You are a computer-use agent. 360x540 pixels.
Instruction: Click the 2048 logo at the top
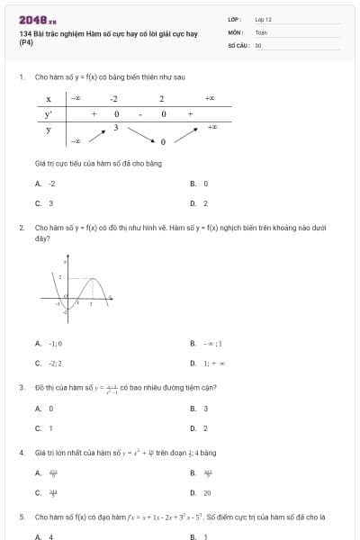(37, 20)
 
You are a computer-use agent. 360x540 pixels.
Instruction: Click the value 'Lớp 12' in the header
(264, 19)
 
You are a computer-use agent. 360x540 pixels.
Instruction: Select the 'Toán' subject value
(261, 31)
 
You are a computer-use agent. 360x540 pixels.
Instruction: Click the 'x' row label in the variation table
(49, 99)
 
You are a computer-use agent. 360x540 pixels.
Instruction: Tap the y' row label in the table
(49, 114)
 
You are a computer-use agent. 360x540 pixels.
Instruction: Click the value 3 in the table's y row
(115, 128)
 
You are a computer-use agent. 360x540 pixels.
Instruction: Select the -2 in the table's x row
(114, 99)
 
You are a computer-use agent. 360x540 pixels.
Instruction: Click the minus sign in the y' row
(139, 114)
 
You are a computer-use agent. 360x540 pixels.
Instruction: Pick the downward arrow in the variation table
(139, 133)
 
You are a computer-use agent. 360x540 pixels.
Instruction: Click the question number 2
(22, 228)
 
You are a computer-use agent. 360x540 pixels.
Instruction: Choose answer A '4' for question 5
(50, 536)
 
